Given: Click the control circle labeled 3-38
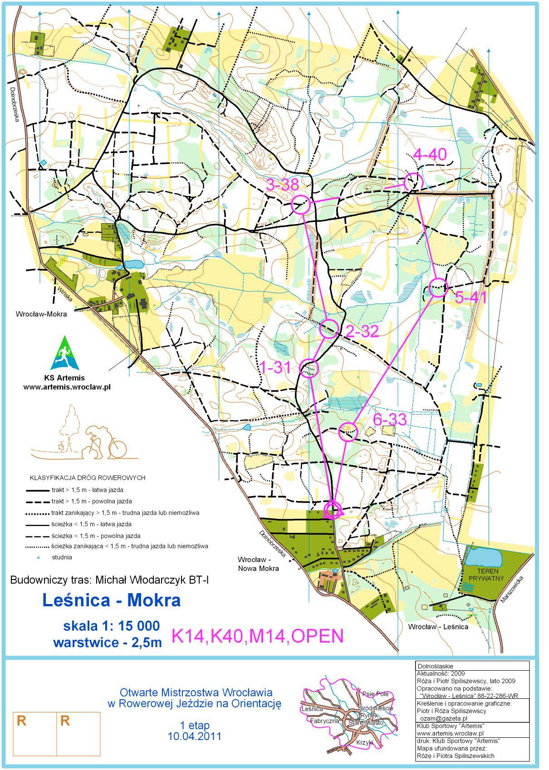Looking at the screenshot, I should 300,205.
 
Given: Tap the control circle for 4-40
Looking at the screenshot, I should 413,182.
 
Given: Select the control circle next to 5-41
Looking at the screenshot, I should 438,288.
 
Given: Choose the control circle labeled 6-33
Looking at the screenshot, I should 348,431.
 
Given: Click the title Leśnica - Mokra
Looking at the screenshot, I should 111,600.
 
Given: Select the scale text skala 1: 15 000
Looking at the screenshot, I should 111,626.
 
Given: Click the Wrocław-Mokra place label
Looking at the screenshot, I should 41,314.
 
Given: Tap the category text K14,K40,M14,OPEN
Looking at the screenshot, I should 257,636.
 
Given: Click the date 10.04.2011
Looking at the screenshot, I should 194,736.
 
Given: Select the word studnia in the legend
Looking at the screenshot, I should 62,557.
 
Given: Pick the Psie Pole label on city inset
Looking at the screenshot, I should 375,694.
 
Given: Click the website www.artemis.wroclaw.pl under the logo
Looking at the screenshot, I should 67,387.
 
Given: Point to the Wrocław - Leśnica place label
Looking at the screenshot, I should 438,627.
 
